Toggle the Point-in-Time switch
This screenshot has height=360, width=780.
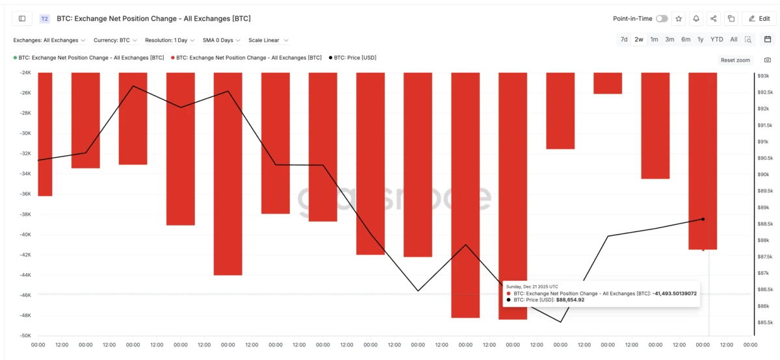tap(662, 19)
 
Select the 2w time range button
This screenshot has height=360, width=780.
tap(639, 40)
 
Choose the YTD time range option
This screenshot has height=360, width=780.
tap(716, 40)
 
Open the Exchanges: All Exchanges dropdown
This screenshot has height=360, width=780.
tap(49, 40)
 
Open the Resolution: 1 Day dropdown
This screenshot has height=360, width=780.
tap(170, 40)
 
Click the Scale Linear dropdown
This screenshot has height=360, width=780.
tap(268, 40)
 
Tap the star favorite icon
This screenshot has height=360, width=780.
tap(679, 19)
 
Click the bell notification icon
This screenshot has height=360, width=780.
tap(696, 19)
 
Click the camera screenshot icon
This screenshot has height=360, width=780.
tap(768, 60)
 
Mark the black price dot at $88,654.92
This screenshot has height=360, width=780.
tap(703, 219)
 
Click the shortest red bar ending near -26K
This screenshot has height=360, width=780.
tap(608, 83)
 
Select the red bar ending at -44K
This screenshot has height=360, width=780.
tap(228, 174)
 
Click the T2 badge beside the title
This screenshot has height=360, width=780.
tap(45, 19)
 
